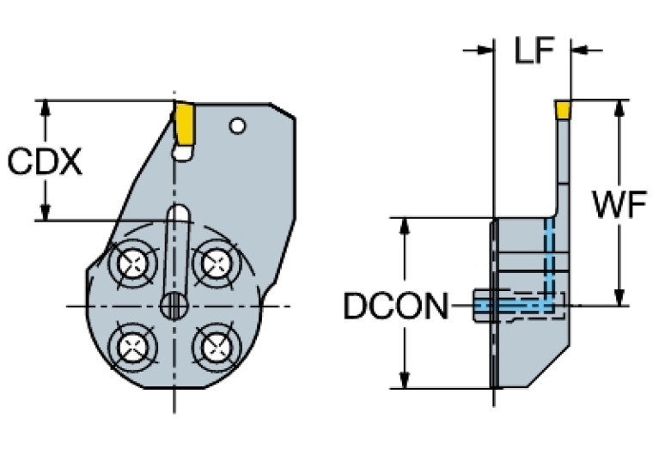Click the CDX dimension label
click(45, 161)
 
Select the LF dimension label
click(534, 51)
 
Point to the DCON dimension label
click(395, 306)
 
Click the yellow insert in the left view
click(183, 124)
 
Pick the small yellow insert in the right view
click(563, 109)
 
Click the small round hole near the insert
click(238, 127)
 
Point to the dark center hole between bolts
click(174, 305)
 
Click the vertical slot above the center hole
click(179, 249)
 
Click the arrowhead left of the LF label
click(483, 51)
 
